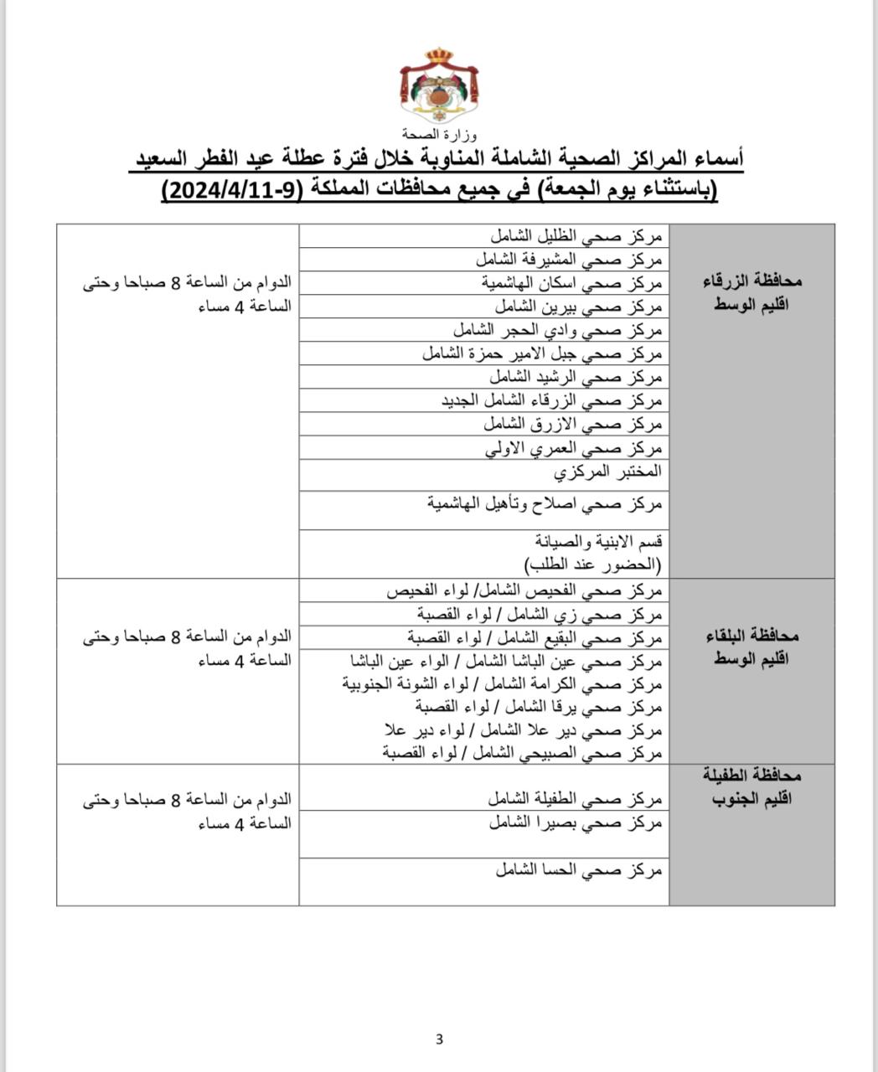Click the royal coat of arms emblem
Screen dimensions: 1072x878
tap(438, 86)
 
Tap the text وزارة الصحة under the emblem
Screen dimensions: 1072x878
tap(438, 134)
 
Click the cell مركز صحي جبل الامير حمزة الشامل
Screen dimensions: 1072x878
tap(542, 353)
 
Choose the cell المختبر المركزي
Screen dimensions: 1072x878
tap(607, 472)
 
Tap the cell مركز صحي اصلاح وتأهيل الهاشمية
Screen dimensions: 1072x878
tap(545, 504)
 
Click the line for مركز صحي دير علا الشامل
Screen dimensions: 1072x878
tap(523, 730)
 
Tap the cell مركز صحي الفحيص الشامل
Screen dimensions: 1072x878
tap(524, 591)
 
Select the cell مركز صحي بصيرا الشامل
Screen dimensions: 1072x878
tap(576, 824)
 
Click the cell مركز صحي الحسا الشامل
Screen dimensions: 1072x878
tap(578, 871)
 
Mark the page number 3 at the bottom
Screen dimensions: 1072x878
tap(439, 1040)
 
